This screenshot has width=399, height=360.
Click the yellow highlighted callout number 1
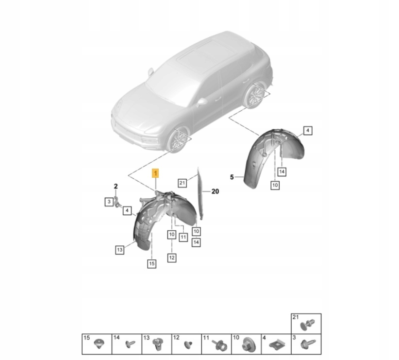pos(155,173)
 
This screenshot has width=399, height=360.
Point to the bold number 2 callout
pos(116,186)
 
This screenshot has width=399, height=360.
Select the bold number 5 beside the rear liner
pos(232,177)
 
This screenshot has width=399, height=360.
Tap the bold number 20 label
pos(216,191)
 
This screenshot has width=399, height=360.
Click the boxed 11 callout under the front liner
pos(183,237)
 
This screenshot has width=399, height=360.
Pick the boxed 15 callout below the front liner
pos(151,264)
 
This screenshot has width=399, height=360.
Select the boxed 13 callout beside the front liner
pos(119,250)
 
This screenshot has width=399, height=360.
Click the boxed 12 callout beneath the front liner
pos(172,257)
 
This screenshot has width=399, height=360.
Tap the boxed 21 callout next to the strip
pos(182,183)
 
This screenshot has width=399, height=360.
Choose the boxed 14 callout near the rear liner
pos(282,171)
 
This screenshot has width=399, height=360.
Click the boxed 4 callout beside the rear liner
pos(308,131)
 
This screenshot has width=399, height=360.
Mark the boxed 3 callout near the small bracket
pos(109,202)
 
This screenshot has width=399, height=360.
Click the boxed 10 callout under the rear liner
pos(275,185)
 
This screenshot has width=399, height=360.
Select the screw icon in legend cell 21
pos(307,325)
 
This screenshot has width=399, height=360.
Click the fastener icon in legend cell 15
pos(99,344)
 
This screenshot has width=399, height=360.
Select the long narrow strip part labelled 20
pos(201,194)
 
